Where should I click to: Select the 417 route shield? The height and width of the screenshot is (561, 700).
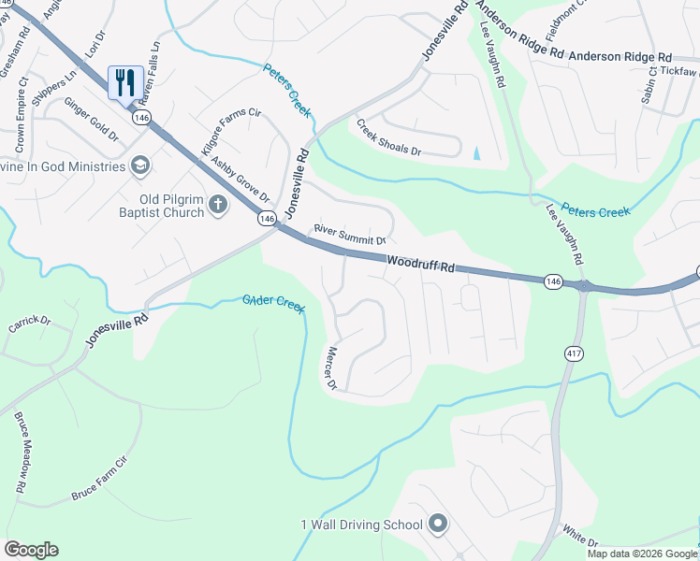point(574,352)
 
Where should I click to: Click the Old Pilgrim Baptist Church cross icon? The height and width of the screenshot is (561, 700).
point(218,204)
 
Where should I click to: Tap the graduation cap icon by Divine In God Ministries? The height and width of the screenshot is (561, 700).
point(140,165)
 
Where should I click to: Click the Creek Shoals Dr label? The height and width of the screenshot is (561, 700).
point(386,137)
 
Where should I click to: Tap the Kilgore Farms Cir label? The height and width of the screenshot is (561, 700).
point(230,131)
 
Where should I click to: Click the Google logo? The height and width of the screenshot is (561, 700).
point(31,550)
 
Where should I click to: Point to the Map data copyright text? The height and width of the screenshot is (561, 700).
point(642,554)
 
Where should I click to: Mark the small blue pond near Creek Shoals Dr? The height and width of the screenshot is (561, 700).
point(477,152)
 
